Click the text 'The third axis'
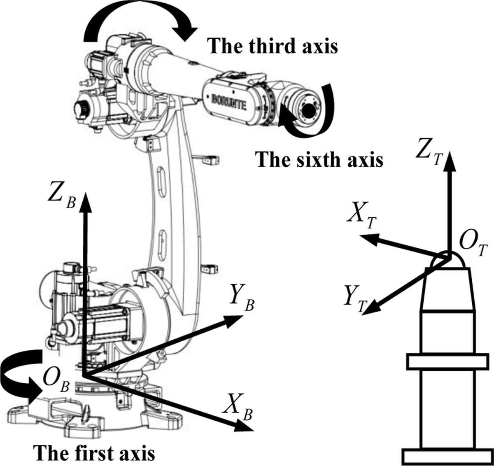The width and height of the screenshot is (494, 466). pos(273,46)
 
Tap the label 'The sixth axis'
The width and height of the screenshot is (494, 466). pos(319,159)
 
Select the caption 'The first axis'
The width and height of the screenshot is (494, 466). pos(94,453)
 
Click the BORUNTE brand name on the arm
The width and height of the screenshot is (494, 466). pos(229,101)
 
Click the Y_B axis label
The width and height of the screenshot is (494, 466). pos(242,301)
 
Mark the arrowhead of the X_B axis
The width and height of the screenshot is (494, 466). pos(243,426)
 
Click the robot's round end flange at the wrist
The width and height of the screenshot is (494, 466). pos(307,108)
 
